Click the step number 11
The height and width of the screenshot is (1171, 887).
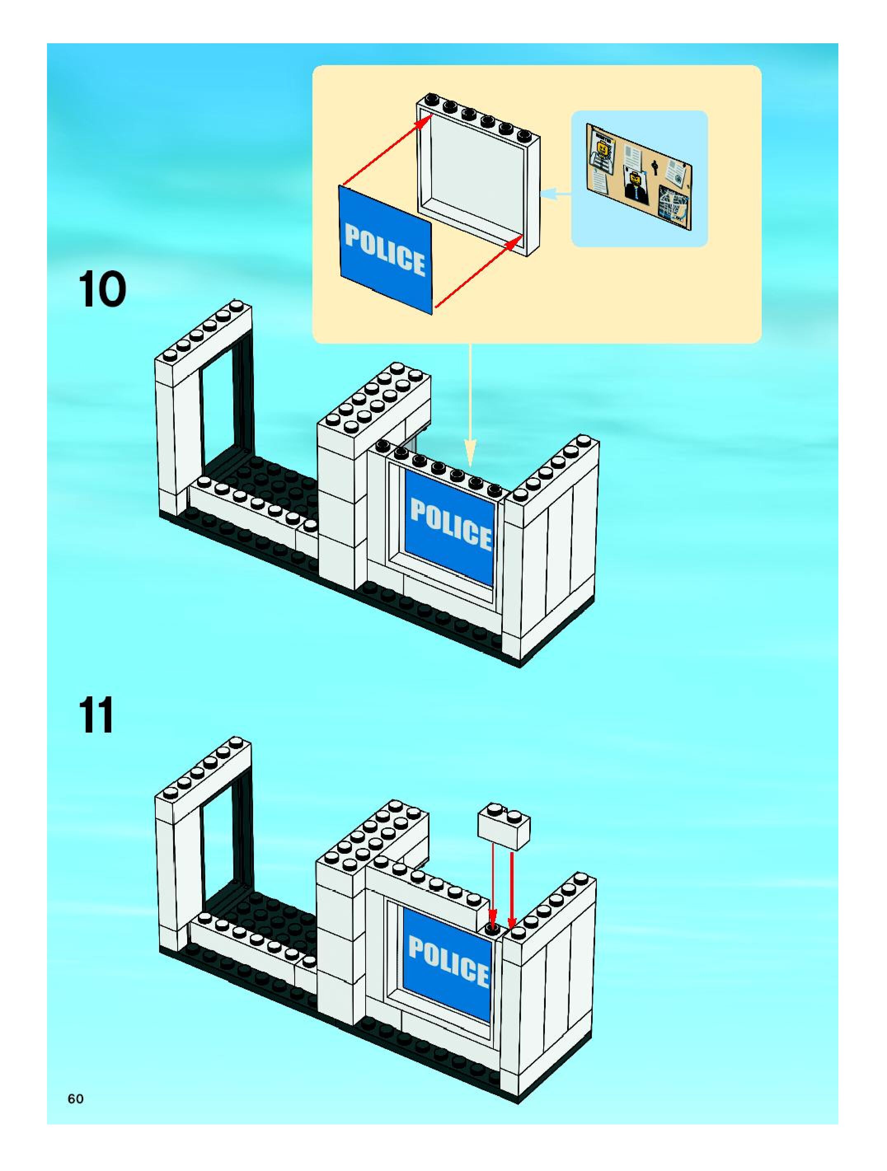point(96,715)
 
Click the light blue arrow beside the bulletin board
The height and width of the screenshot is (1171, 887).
point(556,195)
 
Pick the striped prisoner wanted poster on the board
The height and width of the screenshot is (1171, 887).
point(604,154)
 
